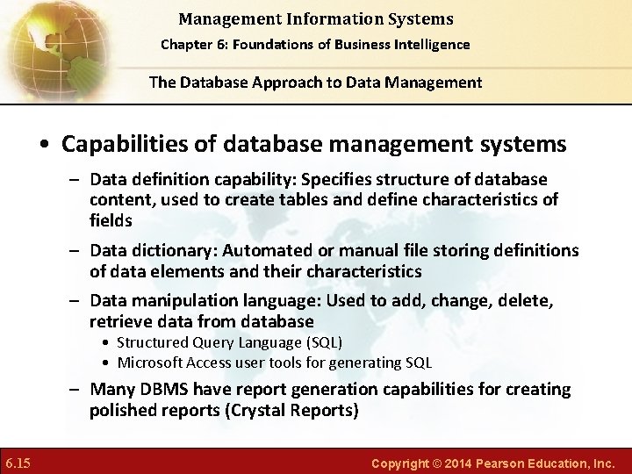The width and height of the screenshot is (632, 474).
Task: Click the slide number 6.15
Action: coord(18,462)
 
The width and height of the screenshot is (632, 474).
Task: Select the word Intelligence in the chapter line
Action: coord(430,44)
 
